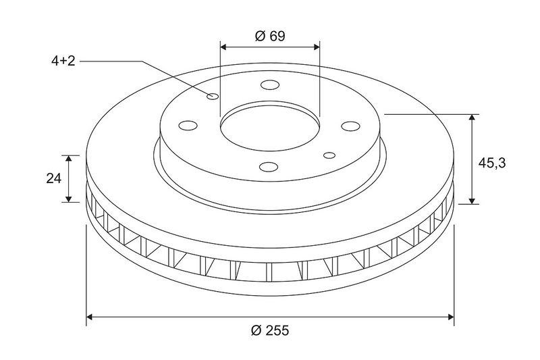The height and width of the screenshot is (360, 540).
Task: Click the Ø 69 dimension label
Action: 270,36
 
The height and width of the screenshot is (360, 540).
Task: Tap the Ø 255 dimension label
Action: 270,330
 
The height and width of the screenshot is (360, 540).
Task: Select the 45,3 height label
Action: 492,163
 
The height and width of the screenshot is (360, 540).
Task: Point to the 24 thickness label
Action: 54,178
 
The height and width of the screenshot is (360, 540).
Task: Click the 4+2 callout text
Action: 63,61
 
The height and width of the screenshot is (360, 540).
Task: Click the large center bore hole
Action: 270,126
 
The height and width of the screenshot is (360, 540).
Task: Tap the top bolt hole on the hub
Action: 270,84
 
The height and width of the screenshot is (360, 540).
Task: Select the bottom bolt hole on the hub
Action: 269,167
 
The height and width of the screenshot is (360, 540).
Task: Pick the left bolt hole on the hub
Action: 188,126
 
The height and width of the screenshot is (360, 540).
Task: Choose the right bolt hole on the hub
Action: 350,126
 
